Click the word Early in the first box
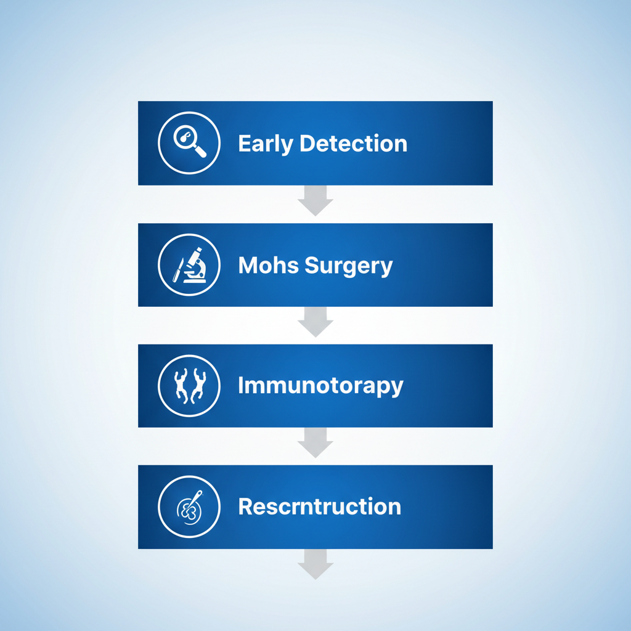265,144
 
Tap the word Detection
353,144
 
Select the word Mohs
264,265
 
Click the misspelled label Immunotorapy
320,386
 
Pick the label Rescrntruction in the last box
319,507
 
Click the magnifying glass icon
189,143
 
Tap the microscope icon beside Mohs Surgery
197,265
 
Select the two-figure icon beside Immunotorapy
189,386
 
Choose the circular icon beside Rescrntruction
189,507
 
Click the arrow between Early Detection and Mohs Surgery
315,202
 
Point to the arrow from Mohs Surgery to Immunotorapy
315,324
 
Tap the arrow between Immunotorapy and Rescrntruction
315,444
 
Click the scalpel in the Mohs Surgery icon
178,270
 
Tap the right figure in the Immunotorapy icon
198,386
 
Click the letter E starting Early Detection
244,144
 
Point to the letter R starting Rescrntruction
245,507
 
